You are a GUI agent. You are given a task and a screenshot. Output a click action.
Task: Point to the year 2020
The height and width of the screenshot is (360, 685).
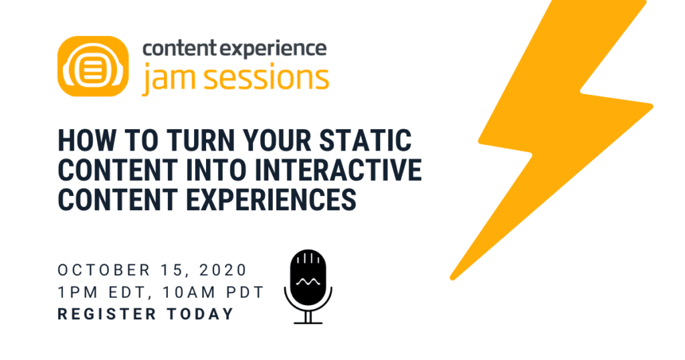click(225, 271)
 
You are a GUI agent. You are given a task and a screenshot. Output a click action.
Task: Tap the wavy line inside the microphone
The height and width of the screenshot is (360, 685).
click(308, 282)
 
